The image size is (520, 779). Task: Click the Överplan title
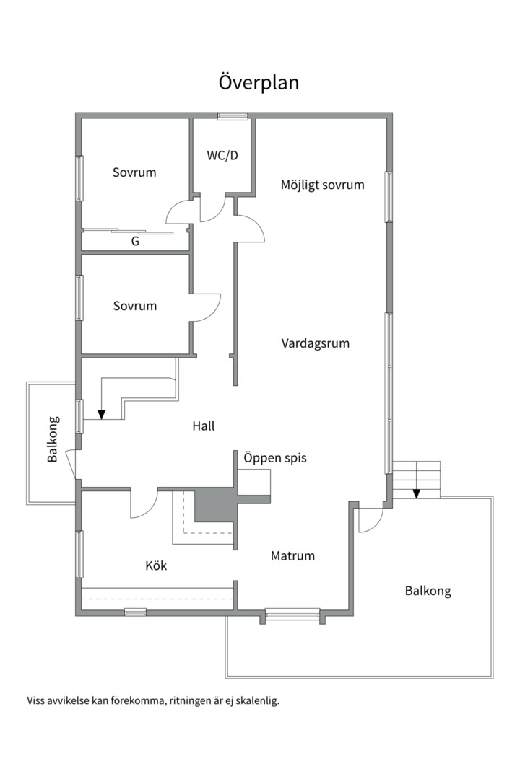(x=259, y=82)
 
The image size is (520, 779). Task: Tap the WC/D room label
(x=222, y=156)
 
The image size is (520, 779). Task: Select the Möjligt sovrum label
(x=322, y=185)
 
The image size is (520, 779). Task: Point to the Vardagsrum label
(x=316, y=343)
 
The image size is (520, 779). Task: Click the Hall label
(x=204, y=426)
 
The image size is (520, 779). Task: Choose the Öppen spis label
(x=275, y=457)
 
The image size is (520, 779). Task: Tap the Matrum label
(x=292, y=555)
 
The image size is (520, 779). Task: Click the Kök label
(x=156, y=565)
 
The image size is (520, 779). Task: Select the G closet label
(x=135, y=242)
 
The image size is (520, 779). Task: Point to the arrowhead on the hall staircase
(x=102, y=414)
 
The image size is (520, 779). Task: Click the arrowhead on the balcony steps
(x=417, y=493)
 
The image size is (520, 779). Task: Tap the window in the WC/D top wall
(x=233, y=116)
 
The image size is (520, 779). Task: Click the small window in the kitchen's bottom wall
(x=135, y=612)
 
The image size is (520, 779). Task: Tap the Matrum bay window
(x=292, y=615)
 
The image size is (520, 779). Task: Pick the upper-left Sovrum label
(x=134, y=172)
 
